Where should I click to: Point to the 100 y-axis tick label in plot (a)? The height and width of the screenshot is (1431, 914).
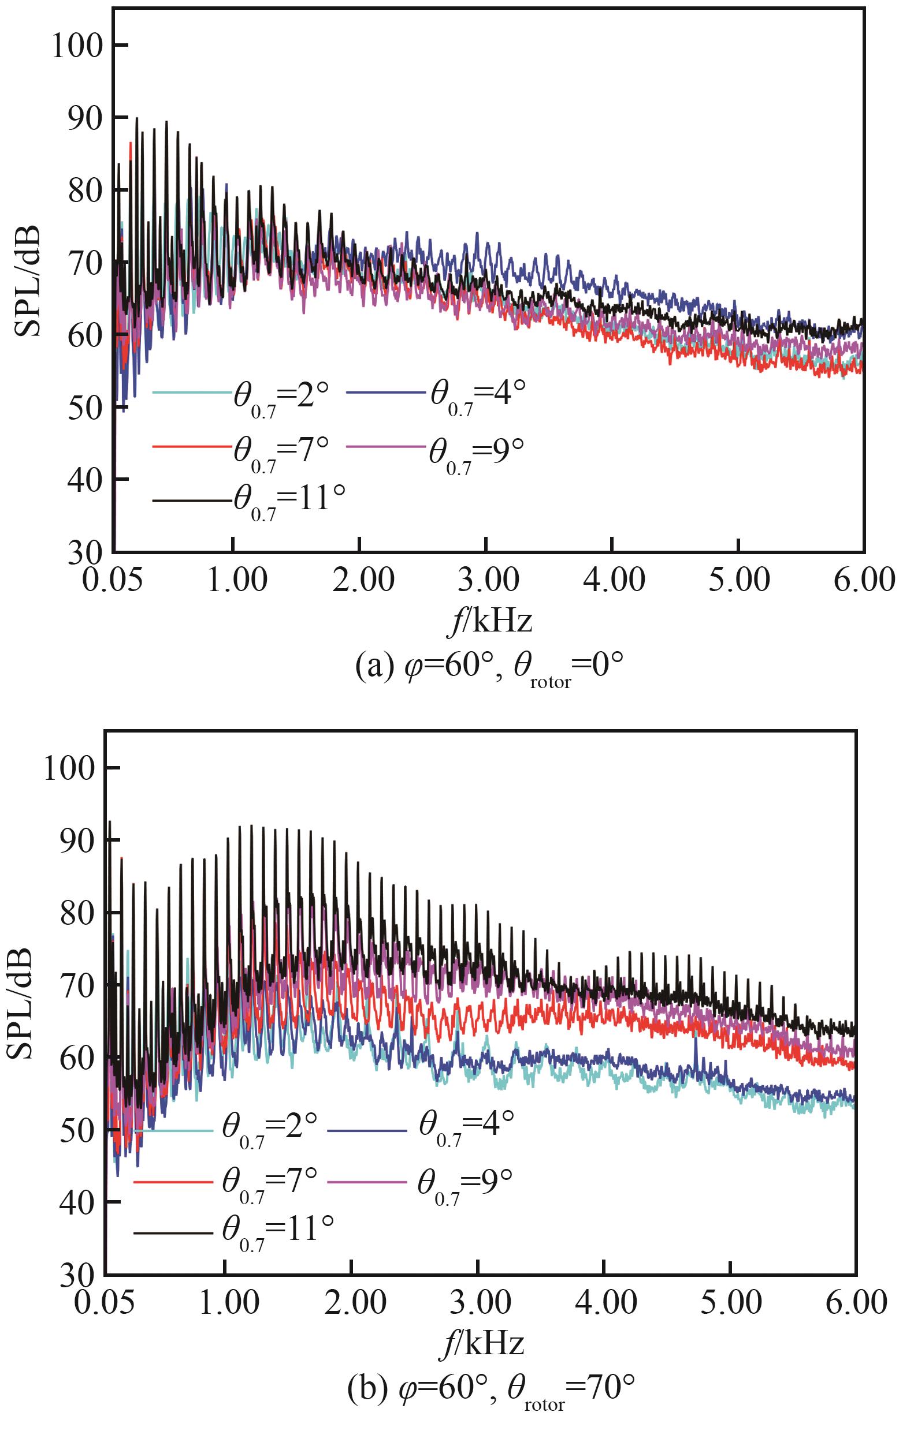[x=78, y=46]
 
